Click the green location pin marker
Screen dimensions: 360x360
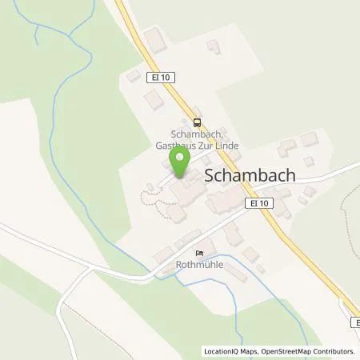pos(182,162)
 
